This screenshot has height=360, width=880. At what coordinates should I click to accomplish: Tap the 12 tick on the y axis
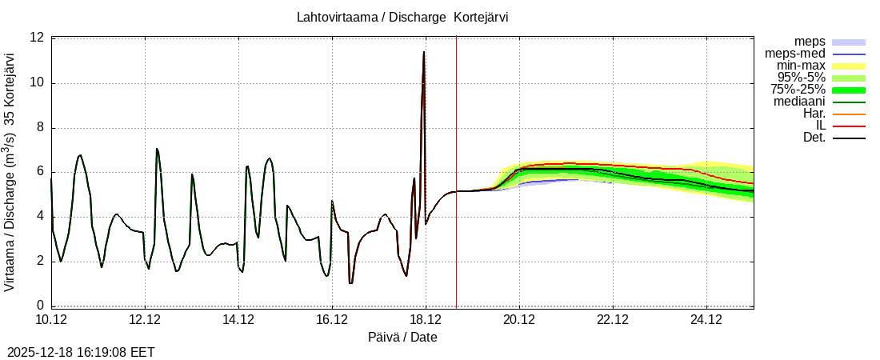pyautogui.click(x=37, y=38)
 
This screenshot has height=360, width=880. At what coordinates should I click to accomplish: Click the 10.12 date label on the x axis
pyautogui.click(x=52, y=319)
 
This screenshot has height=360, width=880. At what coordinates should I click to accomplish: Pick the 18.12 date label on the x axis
pyautogui.click(x=426, y=319)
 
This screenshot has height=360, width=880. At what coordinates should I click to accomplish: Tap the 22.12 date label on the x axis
pyautogui.click(x=613, y=319)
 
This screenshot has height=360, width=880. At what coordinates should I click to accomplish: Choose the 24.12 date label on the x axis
pyautogui.click(x=706, y=319)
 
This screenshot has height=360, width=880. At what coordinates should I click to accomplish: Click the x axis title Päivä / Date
pyautogui.click(x=402, y=337)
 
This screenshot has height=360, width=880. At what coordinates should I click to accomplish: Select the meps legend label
pyautogui.click(x=810, y=42)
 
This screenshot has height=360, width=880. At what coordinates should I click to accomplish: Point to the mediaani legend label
pyautogui.click(x=799, y=102)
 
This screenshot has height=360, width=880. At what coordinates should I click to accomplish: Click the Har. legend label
pyautogui.click(x=814, y=114)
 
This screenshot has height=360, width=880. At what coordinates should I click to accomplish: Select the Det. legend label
pyautogui.click(x=814, y=138)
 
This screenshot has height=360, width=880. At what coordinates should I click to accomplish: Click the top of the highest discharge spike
pyautogui.click(x=424, y=52)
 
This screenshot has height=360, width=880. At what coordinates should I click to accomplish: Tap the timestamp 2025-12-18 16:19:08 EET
pyautogui.click(x=81, y=352)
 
